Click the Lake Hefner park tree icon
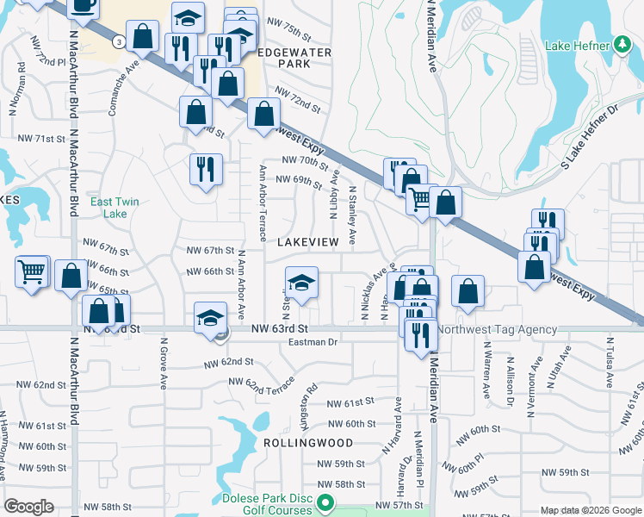click(623, 44)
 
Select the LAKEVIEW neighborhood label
click(308, 243)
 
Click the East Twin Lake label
click(115, 208)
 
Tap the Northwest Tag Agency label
click(497, 329)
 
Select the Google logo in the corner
click(28, 507)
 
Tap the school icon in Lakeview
click(301, 282)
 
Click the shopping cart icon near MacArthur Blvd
click(32, 272)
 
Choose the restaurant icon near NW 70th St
click(206, 169)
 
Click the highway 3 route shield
click(117, 40)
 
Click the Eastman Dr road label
click(313, 342)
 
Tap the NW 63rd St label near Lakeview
click(280, 329)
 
